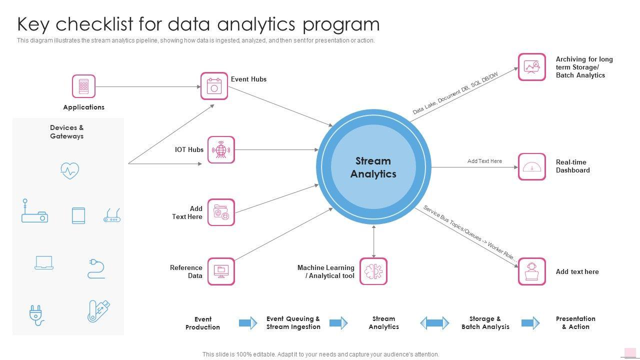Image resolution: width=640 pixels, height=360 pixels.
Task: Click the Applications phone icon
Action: coord(83,86)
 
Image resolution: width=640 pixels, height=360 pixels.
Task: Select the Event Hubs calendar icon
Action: coord(214,85)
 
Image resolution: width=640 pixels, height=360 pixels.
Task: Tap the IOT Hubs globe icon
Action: coord(221,149)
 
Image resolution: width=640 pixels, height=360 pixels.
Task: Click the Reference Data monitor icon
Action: coord(221,271)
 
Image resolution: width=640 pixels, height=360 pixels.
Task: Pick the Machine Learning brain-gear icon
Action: coord(373,271)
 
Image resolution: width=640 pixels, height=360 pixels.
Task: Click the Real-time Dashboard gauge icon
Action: coord(531,167)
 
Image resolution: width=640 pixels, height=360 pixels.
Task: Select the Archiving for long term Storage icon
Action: coord(531,67)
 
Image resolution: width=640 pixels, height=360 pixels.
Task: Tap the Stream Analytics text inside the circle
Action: coord(373,167)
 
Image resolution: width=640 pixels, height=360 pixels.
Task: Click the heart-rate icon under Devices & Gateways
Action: coord(69,170)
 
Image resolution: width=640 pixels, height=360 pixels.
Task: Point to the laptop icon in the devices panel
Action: coord(44,263)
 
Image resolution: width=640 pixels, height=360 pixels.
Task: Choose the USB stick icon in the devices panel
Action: coord(98,311)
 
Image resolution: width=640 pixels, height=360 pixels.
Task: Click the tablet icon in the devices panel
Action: coord(78,215)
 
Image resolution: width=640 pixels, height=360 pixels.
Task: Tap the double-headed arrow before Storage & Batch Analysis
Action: coord(434,323)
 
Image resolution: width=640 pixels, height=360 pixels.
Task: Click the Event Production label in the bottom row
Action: coord(202,323)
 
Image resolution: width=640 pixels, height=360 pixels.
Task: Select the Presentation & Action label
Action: coord(575,322)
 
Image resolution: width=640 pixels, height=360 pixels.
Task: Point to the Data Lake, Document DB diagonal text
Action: coord(455,93)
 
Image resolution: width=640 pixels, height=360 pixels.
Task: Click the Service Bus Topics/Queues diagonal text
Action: coord(469,233)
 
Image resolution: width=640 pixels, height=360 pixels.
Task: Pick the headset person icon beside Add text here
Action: coord(531,271)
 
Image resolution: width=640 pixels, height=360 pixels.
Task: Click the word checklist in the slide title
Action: coord(113,24)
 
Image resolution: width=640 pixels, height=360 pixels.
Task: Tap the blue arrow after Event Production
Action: coord(248,323)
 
